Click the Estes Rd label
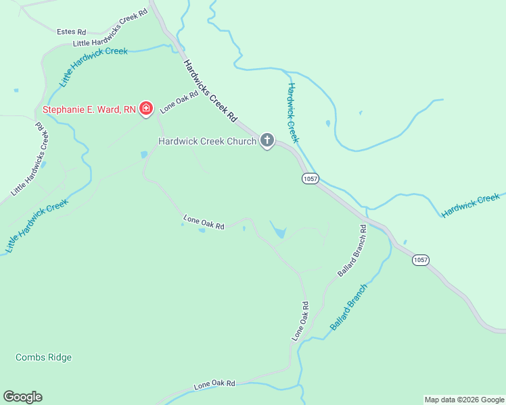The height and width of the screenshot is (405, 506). click(x=72, y=32)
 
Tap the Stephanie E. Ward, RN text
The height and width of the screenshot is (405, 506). click(x=89, y=109)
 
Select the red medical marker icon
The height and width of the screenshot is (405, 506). click(x=145, y=108)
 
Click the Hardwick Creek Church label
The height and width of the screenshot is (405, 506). click(x=207, y=141)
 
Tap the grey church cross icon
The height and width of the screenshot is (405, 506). click(x=267, y=141)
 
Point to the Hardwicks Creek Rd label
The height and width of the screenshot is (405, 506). click(x=210, y=90)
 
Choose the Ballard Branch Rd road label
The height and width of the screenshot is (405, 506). click(x=352, y=251)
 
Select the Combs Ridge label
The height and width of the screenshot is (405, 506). click(x=43, y=357)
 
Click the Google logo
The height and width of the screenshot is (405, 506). click(x=22, y=397)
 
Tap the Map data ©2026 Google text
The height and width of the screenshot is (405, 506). click(x=463, y=400)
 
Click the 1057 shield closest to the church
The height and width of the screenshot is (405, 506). click(x=310, y=178)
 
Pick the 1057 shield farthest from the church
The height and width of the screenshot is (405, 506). click(x=421, y=260)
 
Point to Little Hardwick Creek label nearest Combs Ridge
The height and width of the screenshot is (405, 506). click(x=37, y=226)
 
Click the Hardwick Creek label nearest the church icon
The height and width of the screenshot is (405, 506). click(x=292, y=113)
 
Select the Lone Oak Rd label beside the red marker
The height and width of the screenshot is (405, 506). click(x=179, y=103)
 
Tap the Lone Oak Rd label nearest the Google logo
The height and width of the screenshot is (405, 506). click(x=214, y=385)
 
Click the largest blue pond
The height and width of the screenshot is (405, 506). click(x=277, y=231)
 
